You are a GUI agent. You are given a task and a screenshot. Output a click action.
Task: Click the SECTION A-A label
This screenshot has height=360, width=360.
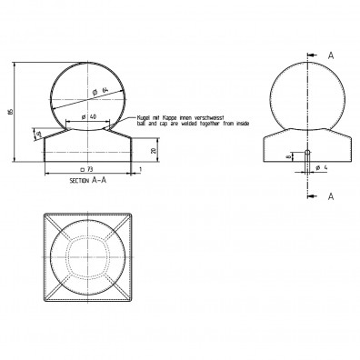(x=90, y=182)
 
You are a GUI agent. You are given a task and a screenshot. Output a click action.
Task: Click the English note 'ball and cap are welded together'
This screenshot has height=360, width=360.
(x=178, y=125)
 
